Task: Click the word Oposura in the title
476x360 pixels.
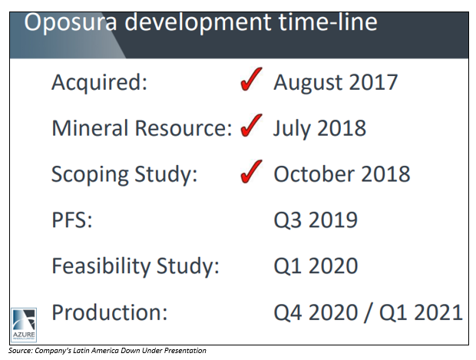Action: coord(71,23)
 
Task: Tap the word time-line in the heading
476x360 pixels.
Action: coord(328,22)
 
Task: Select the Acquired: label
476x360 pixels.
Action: coord(100,83)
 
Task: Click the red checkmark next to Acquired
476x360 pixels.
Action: coord(251,79)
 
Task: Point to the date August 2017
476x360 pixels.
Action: coord(336,83)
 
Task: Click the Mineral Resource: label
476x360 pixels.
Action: coord(142,128)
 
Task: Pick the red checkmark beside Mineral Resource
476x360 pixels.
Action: coord(251,125)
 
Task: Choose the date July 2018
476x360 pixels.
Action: coord(319,129)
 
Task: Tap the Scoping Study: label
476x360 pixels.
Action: coord(124,175)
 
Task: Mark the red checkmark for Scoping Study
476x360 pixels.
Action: coord(251,171)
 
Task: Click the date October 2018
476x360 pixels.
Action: coord(342,174)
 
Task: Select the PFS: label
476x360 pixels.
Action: coord(72,220)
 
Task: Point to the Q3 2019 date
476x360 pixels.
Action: coord(316,220)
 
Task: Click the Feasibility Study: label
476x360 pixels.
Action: coord(135,266)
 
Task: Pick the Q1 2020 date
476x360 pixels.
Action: coord(316,266)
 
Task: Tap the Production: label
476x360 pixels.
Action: coord(110,312)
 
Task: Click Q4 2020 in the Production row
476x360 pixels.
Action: coord(316,313)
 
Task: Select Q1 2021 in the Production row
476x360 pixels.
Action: coord(421,313)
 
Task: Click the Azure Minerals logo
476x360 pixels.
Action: coord(24,325)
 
